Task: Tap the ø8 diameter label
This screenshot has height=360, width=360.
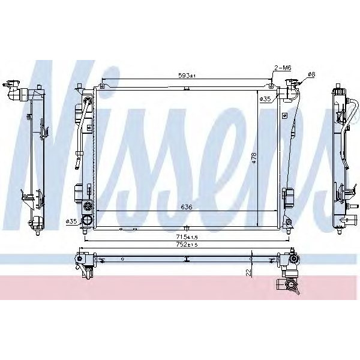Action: [311, 74]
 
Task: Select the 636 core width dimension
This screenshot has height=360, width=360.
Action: [187, 208]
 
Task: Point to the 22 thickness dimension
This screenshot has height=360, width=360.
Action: [247, 272]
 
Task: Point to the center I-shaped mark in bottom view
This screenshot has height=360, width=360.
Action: [187, 260]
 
